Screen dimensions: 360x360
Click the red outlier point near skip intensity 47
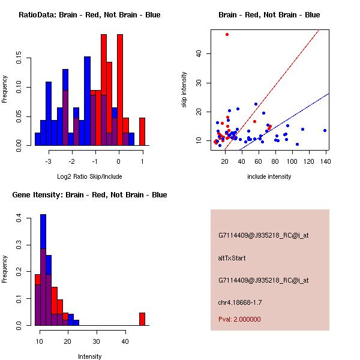point(227,34)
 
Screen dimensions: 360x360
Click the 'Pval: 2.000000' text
point(239,319)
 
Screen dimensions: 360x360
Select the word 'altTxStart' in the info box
point(232,258)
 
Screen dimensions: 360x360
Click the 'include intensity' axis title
point(269,176)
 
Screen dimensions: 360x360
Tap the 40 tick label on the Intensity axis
point(125,341)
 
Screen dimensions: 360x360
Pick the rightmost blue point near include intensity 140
point(325,130)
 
